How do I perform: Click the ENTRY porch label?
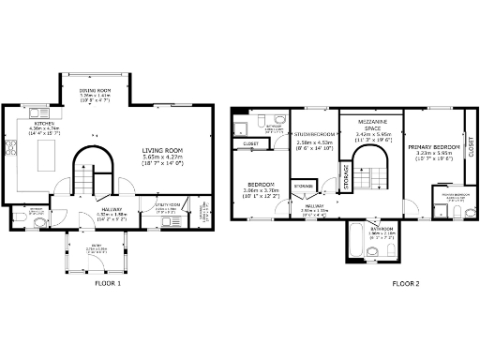[x=91, y=247]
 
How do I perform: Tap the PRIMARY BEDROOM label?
[x=434, y=147]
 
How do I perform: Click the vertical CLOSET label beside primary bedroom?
[x=471, y=147]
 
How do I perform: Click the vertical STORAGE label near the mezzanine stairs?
[x=347, y=176]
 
